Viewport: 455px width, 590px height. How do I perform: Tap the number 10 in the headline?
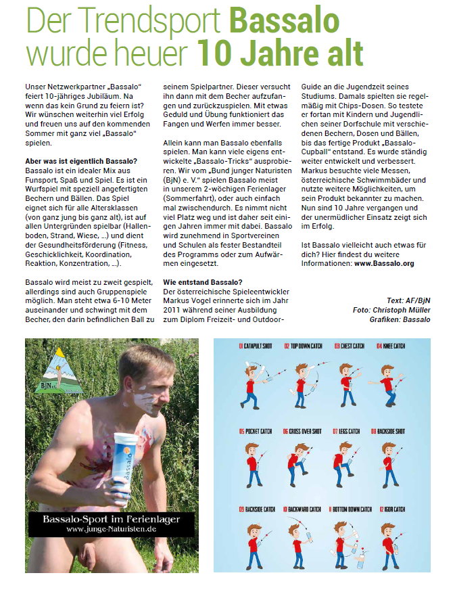point(217,52)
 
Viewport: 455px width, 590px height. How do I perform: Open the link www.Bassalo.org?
point(395,263)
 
